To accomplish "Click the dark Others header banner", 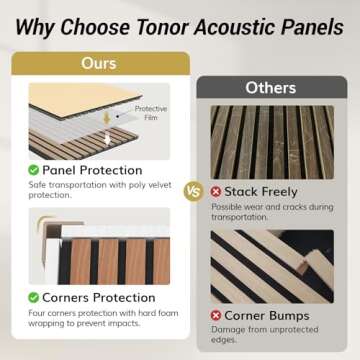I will click(271, 88).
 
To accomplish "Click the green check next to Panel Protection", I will click(34, 170).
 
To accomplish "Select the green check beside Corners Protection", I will click(34, 297).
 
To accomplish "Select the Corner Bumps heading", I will click(269, 316).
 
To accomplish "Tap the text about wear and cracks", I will click(270, 211).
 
